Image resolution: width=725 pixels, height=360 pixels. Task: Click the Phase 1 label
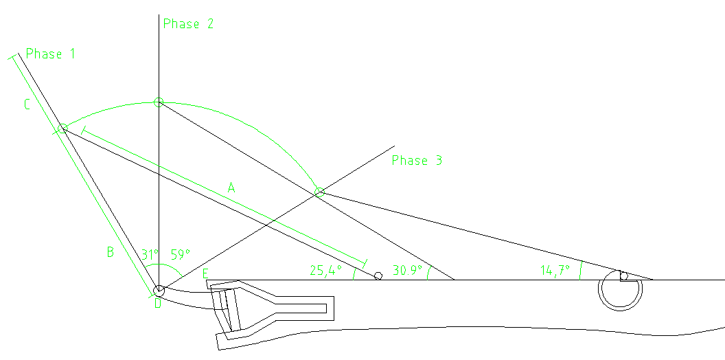point(50,54)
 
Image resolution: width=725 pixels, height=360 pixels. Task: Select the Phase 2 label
point(188,24)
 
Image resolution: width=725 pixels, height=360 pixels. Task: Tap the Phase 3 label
point(417,161)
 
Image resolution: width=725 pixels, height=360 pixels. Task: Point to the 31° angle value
point(149,254)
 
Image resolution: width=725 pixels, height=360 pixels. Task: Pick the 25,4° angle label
point(325,271)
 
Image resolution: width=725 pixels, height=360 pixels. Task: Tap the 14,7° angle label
point(555,271)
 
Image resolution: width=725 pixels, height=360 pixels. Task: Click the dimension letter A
point(231,187)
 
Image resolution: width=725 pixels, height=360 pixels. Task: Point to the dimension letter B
point(109,252)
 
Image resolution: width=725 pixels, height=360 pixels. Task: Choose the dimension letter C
point(27,105)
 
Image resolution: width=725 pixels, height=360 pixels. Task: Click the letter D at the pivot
point(157,303)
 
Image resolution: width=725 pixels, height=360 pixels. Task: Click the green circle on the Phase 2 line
point(159,102)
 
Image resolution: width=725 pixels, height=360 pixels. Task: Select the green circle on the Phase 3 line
point(319,192)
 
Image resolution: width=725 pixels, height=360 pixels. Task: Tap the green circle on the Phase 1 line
point(63,128)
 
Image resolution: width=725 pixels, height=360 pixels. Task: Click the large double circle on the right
point(620,291)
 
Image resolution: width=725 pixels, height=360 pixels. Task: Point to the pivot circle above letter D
point(159,291)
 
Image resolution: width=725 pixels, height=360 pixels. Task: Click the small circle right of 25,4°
point(378,276)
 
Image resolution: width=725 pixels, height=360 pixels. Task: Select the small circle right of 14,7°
point(623,276)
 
